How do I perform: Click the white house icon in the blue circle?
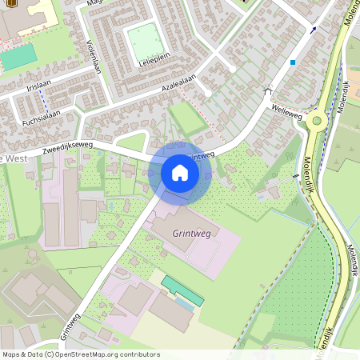(180, 173)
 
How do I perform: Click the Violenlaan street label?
(93, 58)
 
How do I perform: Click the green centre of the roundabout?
(318, 121)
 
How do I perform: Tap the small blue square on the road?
(294, 62)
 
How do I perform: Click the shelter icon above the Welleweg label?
(267, 90)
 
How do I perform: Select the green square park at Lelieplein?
(144, 42)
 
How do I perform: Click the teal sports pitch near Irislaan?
(18, 57)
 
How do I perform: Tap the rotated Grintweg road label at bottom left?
(70, 323)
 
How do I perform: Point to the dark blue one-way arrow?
(313, 30)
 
